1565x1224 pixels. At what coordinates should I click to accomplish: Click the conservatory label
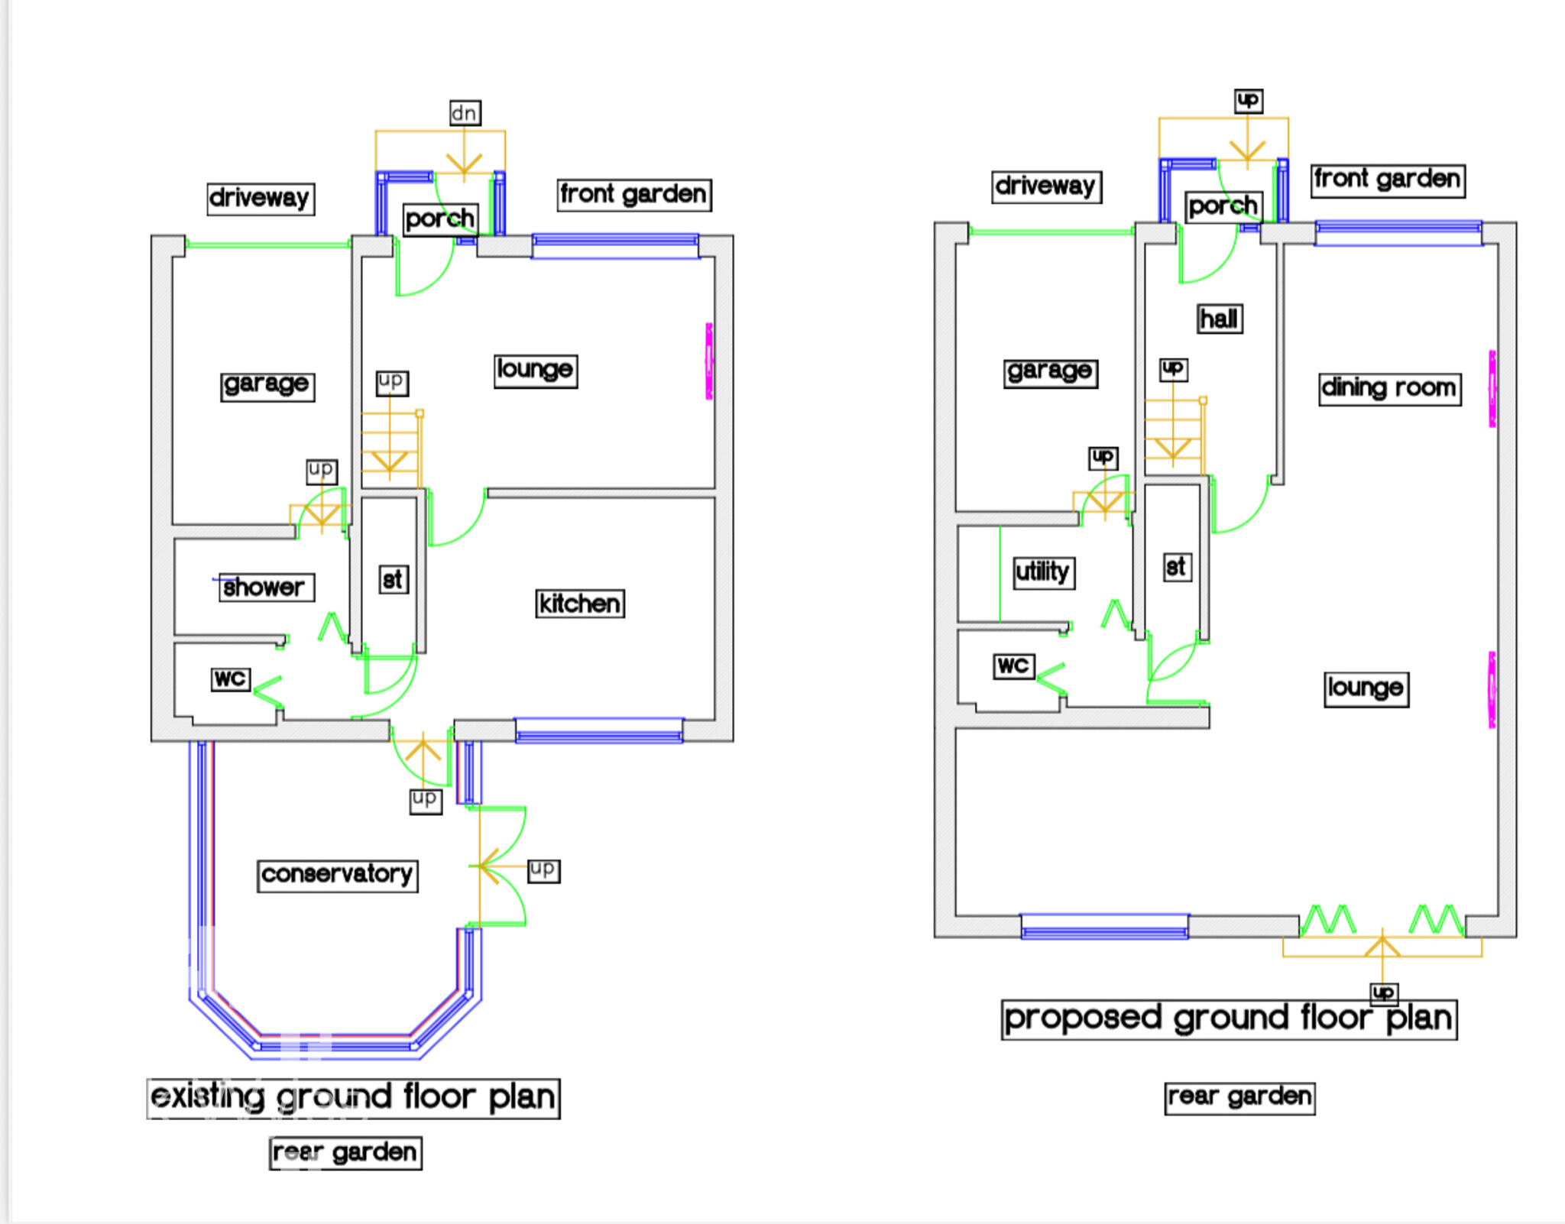[x=337, y=875]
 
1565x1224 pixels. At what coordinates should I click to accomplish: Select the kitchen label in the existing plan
[x=580, y=604]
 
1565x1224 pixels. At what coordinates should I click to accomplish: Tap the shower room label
[x=266, y=588]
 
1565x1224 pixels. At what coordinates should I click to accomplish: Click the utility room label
[x=1043, y=572]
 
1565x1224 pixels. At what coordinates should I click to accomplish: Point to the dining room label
[x=1389, y=388]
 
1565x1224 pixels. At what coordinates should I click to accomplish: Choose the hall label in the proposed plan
[x=1220, y=319]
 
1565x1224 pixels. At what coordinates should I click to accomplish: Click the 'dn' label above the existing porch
[x=465, y=113]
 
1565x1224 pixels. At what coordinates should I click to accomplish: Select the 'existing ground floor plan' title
[x=353, y=1098]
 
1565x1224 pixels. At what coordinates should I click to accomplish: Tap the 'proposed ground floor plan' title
[x=1229, y=1019]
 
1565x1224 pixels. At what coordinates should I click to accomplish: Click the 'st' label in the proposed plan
[x=1177, y=567]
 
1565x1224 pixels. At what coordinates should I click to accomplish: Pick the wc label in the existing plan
[x=230, y=678]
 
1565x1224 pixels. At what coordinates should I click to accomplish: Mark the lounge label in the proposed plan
[x=1366, y=688]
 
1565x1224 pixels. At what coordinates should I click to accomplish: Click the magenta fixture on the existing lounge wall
[x=709, y=361]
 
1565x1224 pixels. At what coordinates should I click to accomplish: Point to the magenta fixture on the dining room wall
[x=1492, y=388]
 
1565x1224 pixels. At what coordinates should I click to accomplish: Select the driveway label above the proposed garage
[x=1047, y=186]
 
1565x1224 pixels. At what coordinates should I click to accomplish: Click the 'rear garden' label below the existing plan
[x=345, y=1152]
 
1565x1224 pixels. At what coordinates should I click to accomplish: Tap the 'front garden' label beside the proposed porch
[x=1388, y=180]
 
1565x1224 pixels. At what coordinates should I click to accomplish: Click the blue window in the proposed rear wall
[x=1105, y=926]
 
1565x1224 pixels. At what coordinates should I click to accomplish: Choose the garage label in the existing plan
[x=267, y=385]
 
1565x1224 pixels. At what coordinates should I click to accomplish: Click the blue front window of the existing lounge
[x=615, y=247]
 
